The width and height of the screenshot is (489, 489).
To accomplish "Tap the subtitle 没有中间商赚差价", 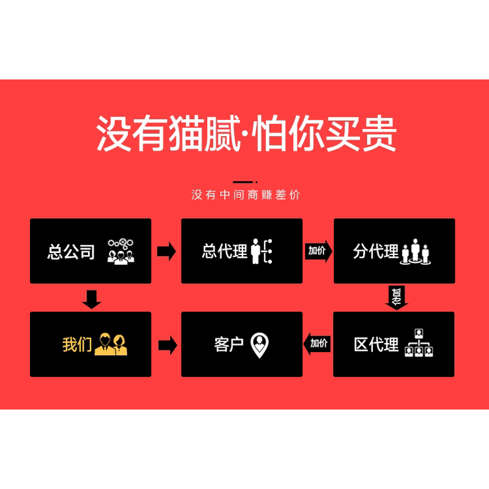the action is tap(246, 195).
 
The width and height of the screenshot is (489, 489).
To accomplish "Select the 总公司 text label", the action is tap(72, 251).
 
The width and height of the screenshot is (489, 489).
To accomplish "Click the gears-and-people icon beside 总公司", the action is tap(120, 251).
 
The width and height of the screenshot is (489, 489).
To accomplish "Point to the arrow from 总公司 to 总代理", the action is tap(166, 251).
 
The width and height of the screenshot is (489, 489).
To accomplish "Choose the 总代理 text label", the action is tap(224, 251).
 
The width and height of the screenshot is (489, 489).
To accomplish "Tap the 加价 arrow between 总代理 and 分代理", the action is tap(318, 251).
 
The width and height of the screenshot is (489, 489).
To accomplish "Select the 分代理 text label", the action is tap(375, 251).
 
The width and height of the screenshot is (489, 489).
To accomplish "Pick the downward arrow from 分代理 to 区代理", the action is tap(397, 297).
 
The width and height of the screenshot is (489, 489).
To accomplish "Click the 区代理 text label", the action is tap(376, 345).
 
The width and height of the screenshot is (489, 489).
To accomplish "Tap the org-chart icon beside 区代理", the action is tap(419, 344).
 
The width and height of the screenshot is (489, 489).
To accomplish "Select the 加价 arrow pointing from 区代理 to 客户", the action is tap(317, 344).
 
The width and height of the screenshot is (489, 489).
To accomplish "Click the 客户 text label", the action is tap(229, 345).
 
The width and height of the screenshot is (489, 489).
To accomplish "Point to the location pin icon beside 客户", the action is tap(260, 345).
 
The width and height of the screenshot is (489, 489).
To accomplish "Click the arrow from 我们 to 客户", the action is tap(167, 345).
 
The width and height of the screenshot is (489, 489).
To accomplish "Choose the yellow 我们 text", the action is tap(77, 345).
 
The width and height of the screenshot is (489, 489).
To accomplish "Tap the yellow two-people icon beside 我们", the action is tap(112, 344).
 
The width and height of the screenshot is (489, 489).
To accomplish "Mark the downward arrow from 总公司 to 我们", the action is tap(91, 299).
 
